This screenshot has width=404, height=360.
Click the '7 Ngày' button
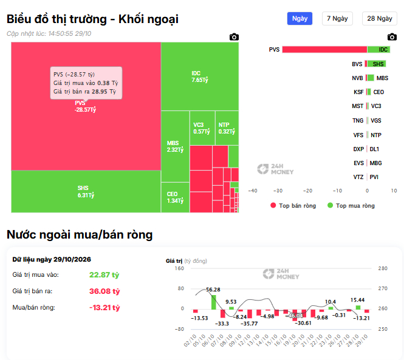(x=337, y=19)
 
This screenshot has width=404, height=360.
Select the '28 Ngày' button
(x=380, y=19)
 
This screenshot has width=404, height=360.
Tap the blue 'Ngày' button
(x=300, y=19)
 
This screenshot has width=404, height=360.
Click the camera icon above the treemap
(x=234, y=37)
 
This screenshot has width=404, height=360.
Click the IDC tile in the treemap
(x=200, y=76)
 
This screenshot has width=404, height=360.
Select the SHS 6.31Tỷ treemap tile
(x=86, y=192)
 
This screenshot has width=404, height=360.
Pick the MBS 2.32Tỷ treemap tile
(x=175, y=146)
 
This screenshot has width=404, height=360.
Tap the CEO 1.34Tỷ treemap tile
(x=175, y=197)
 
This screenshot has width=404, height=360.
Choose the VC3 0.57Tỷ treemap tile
(x=202, y=128)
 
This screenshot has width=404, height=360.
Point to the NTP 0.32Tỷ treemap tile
(x=227, y=128)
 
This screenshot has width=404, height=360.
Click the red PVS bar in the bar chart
(x=324, y=49)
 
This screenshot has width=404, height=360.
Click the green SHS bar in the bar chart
(x=377, y=64)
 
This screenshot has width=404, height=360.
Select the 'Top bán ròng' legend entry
(x=293, y=205)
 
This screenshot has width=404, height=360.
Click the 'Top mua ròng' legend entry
(x=351, y=205)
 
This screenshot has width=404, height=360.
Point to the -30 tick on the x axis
(x=278, y=191)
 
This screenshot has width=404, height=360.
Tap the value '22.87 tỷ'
(x=104, y=275)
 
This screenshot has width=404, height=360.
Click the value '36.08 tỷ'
(x=104, y=291)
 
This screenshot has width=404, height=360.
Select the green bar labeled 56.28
(x=214, y=302)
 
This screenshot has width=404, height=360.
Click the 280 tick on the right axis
(x=383, y=268)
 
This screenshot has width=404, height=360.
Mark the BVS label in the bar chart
(x=357, y=64)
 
